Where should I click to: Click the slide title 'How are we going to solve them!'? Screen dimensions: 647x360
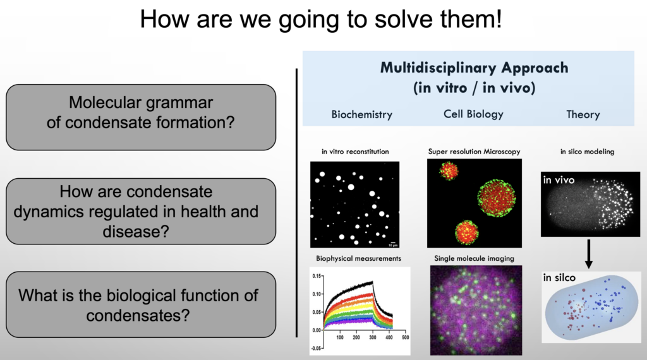[x=321, y=19]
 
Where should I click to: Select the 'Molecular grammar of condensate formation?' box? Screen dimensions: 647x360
[x=141, y=117]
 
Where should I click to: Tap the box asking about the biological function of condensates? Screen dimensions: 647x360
[x=141, y=305]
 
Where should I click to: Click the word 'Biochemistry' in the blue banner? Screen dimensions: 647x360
[x=362, y=115]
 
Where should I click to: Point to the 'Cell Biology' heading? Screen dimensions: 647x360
[x=473, y=114]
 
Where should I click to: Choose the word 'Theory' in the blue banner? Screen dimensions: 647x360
[x=583, y=115]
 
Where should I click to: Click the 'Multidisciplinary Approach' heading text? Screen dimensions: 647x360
[x=474, y=68]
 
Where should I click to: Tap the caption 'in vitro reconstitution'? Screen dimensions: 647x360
[x=355, y=152]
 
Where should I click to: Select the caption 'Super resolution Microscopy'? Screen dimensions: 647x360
[x=474, y=152]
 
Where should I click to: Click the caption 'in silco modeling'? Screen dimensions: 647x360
[x=587, y=152]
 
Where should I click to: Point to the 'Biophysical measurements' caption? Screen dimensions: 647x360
[x=359, y=258]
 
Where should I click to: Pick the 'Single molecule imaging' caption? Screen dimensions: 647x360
[x=474, y=258]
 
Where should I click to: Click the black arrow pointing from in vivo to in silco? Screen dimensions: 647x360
[x=589, y=255]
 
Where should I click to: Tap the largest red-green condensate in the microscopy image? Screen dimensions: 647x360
[x=497, y=198]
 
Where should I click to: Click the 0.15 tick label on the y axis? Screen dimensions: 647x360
[x=317, y=276]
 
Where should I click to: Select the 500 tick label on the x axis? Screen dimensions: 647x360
[x=405, y=337]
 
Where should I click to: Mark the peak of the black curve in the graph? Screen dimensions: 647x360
[x=373, y=282]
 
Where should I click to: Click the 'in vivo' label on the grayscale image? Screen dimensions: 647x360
[x=559, y=180]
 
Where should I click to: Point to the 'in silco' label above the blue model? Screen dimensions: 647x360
[x=559, y=277]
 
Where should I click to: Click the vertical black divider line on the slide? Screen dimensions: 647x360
[x=297, y=203]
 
